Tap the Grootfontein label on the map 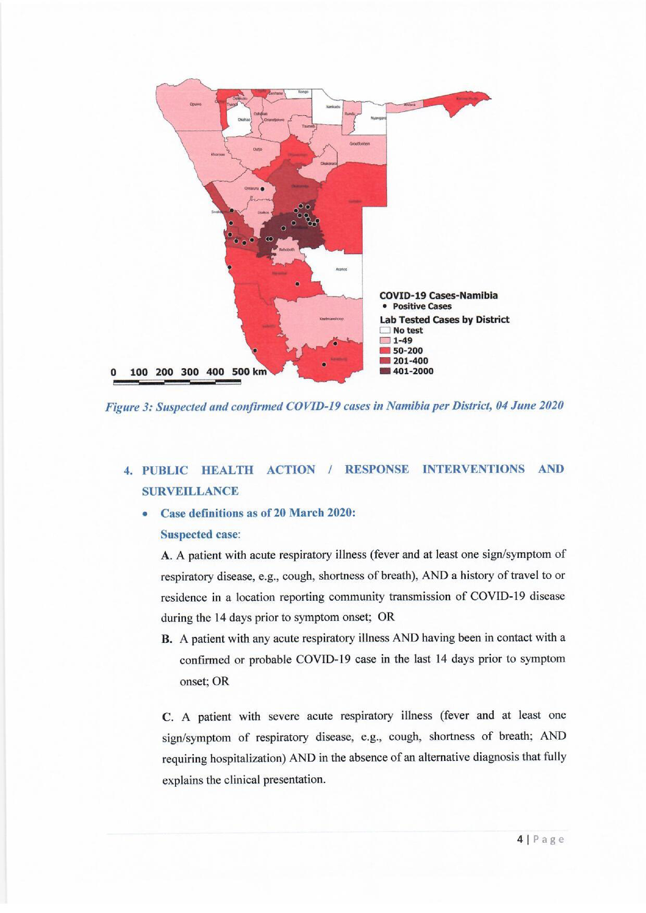point(360,144)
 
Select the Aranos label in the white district point(341,269)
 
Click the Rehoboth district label point(286,250)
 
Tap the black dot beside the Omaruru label point(263,189)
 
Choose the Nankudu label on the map point(333,107)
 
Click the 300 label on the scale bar point(190,372)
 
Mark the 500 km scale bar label point(249,372)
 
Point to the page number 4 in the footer point(520,839)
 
